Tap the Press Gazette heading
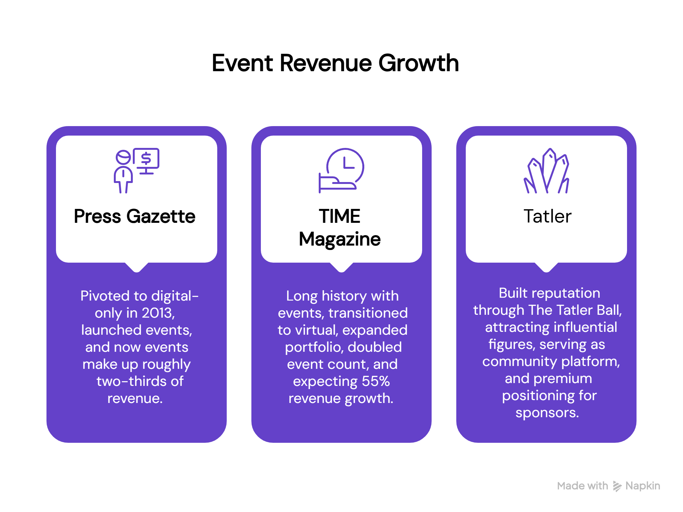click(135, 216)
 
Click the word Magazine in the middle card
click(340, 239)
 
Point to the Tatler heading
click(547, 216)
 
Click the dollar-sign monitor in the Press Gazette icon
click(146, 159)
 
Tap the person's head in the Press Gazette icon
click(123, 157)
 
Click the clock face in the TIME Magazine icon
click(346, 165)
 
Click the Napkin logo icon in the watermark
click(617, 486)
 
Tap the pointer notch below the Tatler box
click(546, 268)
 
